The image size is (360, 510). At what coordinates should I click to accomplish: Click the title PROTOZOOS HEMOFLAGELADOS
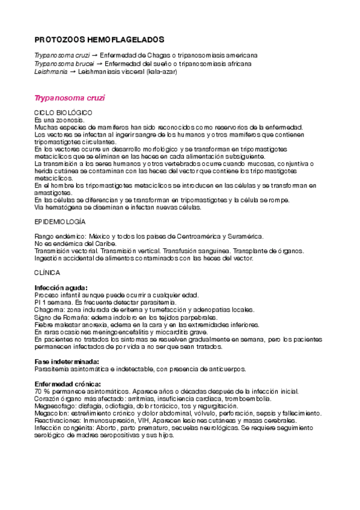(99, 39)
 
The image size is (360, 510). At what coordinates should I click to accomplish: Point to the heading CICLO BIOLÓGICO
(63, 113)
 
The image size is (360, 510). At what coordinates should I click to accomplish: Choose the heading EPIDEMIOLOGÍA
(60, 221)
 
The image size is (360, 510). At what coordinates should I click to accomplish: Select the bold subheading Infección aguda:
(61, 288)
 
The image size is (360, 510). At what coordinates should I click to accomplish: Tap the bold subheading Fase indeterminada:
(66, 362)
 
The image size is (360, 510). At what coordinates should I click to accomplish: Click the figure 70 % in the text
(43, 392)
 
